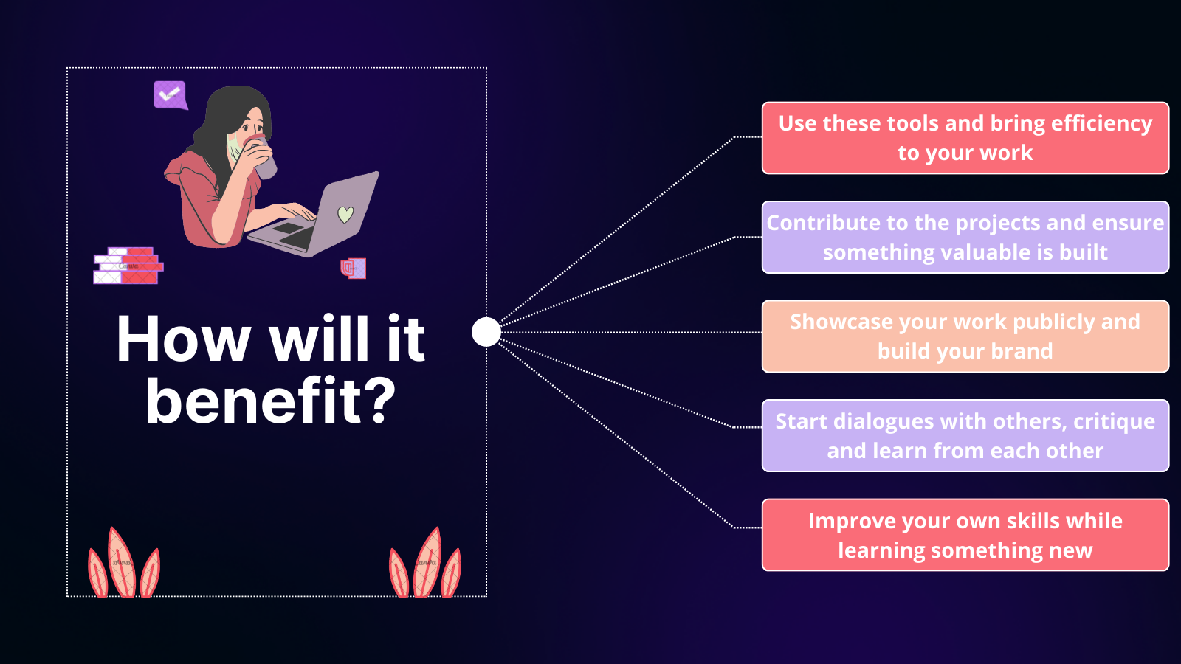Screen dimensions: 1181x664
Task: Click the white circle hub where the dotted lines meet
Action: (486, 332)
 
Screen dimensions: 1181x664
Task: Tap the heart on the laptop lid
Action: (345, 214)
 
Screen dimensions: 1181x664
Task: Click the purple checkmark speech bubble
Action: (170, 95)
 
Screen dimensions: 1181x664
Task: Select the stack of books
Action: (128, 266)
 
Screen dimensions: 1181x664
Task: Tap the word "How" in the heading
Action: (183, 339)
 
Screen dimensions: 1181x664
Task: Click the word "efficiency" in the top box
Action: (1102, 124)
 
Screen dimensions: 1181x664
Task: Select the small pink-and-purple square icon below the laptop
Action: (354, 268)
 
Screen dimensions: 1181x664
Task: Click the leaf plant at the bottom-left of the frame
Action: (124, 563)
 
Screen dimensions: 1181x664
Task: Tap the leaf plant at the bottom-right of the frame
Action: (425, 563)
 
